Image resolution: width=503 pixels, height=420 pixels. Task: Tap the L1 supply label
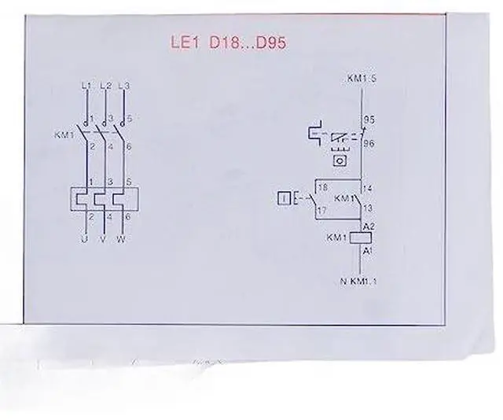(86, 84)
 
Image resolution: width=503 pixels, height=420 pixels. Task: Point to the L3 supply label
(124, 84)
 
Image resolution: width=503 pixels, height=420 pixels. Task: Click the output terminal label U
(83, 238)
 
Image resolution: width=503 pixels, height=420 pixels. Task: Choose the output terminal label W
(120, 238)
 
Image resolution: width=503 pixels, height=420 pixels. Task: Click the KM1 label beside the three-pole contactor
(64, 135)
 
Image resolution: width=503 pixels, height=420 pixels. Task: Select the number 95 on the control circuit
(366, 120)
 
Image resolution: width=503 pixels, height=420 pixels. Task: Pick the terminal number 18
(321, 187)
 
